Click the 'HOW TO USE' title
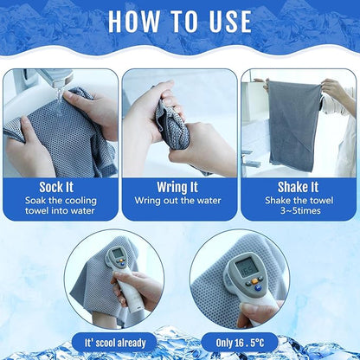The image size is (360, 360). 180,21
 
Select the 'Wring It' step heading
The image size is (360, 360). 178,186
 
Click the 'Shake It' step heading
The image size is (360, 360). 299,186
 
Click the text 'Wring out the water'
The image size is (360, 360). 178,201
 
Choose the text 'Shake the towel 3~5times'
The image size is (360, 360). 299,207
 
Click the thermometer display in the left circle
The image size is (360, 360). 116,258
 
